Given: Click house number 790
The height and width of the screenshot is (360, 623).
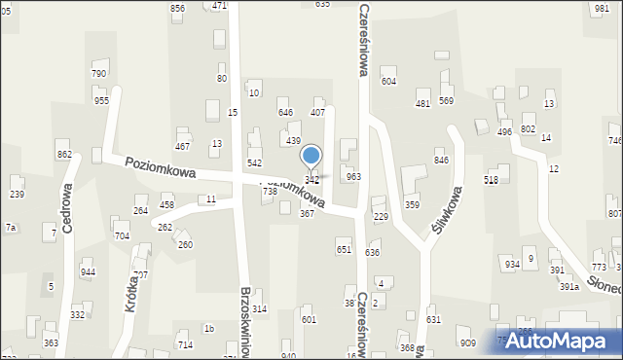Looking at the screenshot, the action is tap(98, 74).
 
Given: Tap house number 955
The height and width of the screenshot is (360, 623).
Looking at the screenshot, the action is tap(101, 101).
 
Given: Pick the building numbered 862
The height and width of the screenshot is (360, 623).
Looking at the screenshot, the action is tap(64, 155).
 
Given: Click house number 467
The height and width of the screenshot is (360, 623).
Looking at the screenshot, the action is tap(182, 147).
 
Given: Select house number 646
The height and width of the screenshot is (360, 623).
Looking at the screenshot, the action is tap(285, 113).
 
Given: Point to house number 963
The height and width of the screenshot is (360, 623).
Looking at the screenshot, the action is tap(353, 177).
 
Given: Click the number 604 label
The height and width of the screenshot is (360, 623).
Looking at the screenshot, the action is tap(388, 82).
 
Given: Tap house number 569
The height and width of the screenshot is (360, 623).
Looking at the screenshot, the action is tap(446, 101).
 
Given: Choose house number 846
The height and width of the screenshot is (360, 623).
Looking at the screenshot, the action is tap(441, 161).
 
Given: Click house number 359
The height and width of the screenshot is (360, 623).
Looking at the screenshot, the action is tap(412, 205).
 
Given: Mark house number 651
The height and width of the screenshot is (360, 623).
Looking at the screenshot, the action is tap(344, 250).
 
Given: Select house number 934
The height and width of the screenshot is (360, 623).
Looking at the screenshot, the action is tap(512, 265).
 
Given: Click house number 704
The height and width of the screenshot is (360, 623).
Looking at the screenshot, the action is tap(122, 236).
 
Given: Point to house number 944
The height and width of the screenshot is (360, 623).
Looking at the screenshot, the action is tap(89, 272).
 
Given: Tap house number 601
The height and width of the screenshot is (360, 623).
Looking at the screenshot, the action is tap(309, 320).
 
